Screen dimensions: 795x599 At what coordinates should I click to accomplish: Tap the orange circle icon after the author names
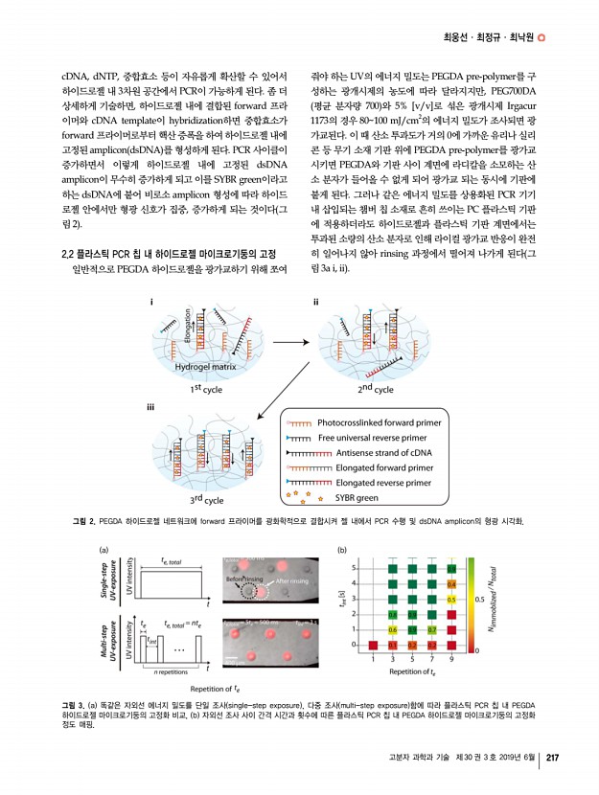point(541,39)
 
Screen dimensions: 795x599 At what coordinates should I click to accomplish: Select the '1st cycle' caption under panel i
point(207,390)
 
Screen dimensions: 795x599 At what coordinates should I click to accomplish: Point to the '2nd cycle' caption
point(375,390)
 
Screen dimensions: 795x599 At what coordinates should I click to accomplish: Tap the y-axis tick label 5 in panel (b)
point(356,568)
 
